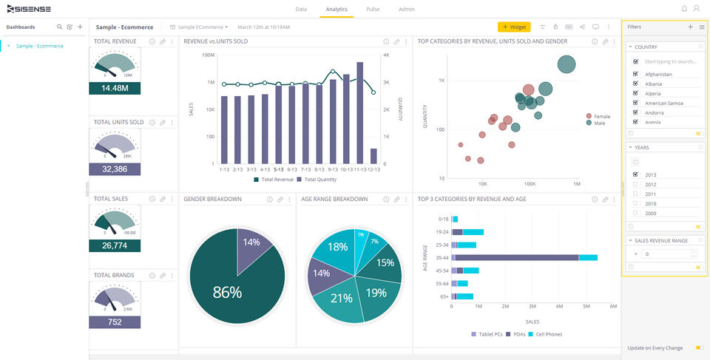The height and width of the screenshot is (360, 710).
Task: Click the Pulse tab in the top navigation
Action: (x=373, y=10)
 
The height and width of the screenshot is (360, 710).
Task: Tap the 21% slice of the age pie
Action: (x=341, y=298)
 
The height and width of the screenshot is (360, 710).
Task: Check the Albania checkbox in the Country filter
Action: (x=635, y=84)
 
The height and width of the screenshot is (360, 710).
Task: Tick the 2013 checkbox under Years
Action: (x=635, y=174)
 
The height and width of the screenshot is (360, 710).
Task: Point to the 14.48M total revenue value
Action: (x=115, y=88)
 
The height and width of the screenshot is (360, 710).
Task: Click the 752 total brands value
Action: (x=115, y=322)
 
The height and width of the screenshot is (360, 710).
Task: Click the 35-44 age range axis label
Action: (x=443, y=257)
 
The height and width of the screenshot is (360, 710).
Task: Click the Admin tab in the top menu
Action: (x=406, y=10)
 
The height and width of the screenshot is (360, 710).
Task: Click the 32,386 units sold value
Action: (x=115, y=169)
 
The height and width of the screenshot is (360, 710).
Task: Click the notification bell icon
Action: (x=684, y=9)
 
